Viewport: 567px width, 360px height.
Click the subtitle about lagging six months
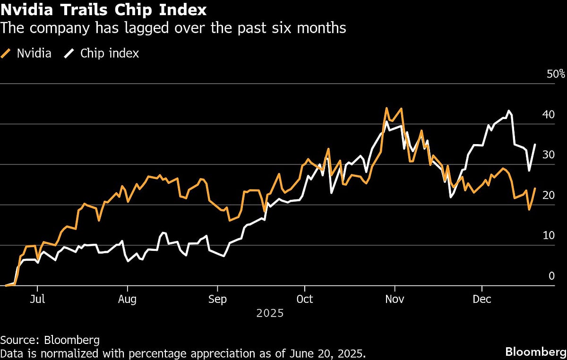pyautogui.click(x=173, y=28)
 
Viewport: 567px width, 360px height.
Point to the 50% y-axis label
pyautogui.click(x=556, y=74)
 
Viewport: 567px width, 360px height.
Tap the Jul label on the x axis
pyautogui.click(x=37, y=300)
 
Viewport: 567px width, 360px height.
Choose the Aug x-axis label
pyautogui.click(x=127, y=300)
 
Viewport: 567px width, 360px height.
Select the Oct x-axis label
pyautogui.click(x=305, y=300)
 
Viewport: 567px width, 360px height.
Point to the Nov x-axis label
pyautogui.click(x=395, y=300)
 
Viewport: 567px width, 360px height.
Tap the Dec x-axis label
pyautogui.click(x=482, y=300)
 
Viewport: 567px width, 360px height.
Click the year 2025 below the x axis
pyautogui.click(x=270, y=313)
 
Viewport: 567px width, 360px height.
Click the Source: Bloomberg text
pyautogui.click(x=50, y=340)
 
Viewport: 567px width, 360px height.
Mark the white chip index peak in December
pyautogui.click(x=509, y=111)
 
